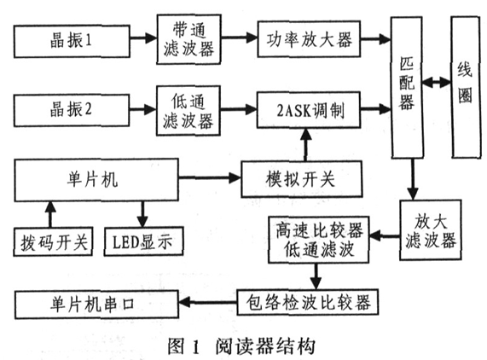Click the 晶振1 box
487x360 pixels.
point(72,41)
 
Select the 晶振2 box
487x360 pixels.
point(72,110)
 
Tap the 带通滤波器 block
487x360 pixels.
point(188,39)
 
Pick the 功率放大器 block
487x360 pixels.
point(309,39)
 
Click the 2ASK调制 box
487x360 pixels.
point(309,110)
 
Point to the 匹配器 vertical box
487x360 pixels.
point(407,88)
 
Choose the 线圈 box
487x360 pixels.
point(465,87)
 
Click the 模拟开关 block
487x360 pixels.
point(302,179)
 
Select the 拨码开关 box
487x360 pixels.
point(53,241)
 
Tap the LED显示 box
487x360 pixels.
point(143,241)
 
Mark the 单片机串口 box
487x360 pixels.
point(96,305)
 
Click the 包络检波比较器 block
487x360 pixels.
point(308,302)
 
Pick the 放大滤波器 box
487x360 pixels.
point(431,229)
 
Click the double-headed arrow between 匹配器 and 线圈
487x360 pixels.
point(437,83)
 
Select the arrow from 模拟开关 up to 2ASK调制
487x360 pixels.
point(306,144)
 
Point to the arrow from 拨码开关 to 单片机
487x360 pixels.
point(50,214)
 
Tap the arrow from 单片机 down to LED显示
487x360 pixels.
point(142,214)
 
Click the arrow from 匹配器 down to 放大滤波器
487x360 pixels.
point(413,179)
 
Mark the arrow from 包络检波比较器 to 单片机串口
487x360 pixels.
point(208,302)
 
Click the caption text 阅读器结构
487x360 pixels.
point(265,346)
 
